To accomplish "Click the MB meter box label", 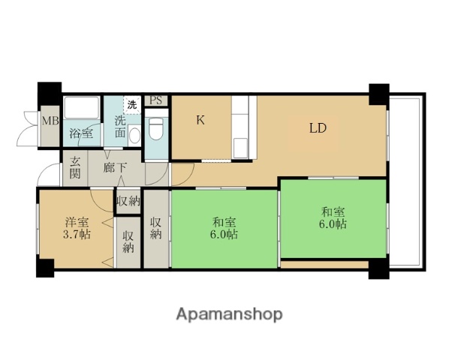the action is pyautogui.click(x=50, y=121).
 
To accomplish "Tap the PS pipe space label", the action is pyautogui.click(x=156, y=100).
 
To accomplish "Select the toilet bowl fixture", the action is pyautogui.click(x=156, y=129).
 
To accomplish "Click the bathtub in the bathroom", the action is pyautogui.click(x=82, y=108).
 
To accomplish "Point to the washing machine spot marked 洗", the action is pyautogui.click(x=132, y=104).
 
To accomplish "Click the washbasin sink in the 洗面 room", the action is pyautogui.click(x=134, y=135).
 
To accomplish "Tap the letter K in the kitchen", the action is pyautogui.click(x=200, y=120).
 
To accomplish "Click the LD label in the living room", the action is pyautogui.click(x=318, y=128).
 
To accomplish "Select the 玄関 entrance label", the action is pyautogui.click(x=75, y=168).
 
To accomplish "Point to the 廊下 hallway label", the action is pyautogui.click(x=114, y=168).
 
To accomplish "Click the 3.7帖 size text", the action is pyautogui.click(x=77, y=234).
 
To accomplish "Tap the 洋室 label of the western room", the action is pyautogui.click(x=77, y=222).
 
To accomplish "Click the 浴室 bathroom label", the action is pyautogui.click(x=82, y=133).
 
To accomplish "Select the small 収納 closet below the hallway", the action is pyautogui.click(x=128, y=201).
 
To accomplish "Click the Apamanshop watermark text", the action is pyautogui.click(x=229, y=314).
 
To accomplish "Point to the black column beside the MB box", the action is pyautogui.click(x=50, y=94).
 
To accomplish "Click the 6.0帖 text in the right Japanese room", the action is pyautogui.click(x=333, y=224).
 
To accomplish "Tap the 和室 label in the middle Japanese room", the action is pyautogui.click(x=224, y=222).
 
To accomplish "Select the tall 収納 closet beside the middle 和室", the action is pyautogui.click(x=156, y=229).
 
